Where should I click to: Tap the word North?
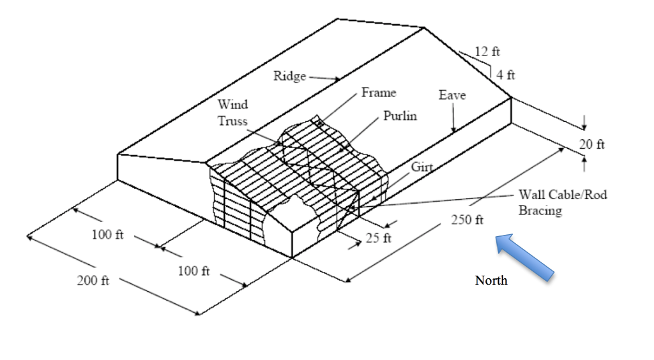(491, 280)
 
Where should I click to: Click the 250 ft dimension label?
(467, 220)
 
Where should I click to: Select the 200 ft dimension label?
(93, 280)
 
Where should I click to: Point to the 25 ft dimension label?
(378, 238)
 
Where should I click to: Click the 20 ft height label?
(591, 144)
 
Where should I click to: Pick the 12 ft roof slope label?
(487, 51)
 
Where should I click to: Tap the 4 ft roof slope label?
(506, 75)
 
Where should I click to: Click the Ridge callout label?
(289, 76)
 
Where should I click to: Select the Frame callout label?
(379, 92)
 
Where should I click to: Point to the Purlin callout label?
(400, 116)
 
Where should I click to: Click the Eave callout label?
(452, 95)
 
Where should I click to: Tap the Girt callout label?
(422, 167)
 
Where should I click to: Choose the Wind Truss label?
(232, 112)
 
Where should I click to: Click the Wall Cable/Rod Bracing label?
(563, 202)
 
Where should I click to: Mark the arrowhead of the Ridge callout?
(337, 79)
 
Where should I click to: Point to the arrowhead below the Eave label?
(454, 130)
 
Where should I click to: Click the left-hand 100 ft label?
(107, 235)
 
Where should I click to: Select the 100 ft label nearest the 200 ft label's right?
(194, 271)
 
